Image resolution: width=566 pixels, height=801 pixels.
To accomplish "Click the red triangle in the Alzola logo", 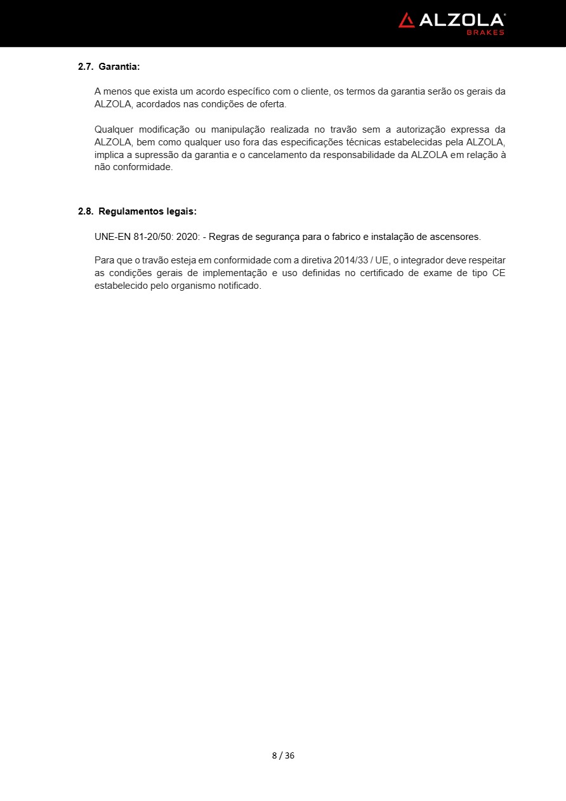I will (x=407, y=20).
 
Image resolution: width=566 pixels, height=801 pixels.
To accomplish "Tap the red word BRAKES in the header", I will (x=485, y=32).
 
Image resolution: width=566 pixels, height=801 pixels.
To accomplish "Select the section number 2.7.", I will (x=85, y=66).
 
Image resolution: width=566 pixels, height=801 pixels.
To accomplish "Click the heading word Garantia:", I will (x=119, y=66).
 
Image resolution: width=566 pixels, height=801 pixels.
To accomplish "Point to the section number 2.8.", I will (x=85, y=211).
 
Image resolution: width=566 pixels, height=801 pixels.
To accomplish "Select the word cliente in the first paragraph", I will (x=313, y=91).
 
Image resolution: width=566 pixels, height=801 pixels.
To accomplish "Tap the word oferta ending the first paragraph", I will (x=272, y=104).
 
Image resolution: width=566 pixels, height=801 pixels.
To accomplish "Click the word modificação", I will (x=162, y=129).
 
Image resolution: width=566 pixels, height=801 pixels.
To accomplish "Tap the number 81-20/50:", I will (x=154, y=237).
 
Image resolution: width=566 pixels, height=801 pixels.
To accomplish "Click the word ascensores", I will (x=456, y=237).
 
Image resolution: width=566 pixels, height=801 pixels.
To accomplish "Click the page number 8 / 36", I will (x=283, y=755).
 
